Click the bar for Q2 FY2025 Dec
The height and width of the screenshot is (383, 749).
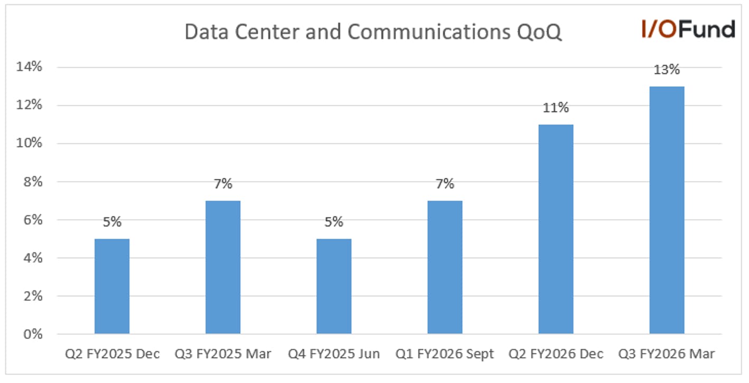112,286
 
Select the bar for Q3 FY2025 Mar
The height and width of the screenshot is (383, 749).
223,267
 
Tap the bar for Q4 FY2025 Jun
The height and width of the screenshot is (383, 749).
334,286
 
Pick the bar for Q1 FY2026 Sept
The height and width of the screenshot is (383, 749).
445,267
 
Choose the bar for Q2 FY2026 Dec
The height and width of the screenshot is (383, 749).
556,230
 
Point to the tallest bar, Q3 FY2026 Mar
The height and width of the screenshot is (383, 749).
667,210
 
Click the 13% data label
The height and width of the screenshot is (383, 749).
667,70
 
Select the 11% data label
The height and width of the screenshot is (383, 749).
556,108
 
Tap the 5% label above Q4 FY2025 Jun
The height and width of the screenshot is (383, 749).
334,222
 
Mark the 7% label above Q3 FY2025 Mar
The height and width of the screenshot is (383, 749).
223,184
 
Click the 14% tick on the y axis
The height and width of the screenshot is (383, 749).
30,67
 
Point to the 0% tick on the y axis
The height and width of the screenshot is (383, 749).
33,334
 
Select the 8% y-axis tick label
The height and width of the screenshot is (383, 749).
33,182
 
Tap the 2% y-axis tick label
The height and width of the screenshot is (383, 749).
33,296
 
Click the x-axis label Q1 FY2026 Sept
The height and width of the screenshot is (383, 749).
445,354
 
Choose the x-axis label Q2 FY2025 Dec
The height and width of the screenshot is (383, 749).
113,354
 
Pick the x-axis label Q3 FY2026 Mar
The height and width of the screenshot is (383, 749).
667,354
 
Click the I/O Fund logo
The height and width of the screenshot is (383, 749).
688,29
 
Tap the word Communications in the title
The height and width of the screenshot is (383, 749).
429,32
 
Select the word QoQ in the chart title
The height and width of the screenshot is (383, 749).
539,32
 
